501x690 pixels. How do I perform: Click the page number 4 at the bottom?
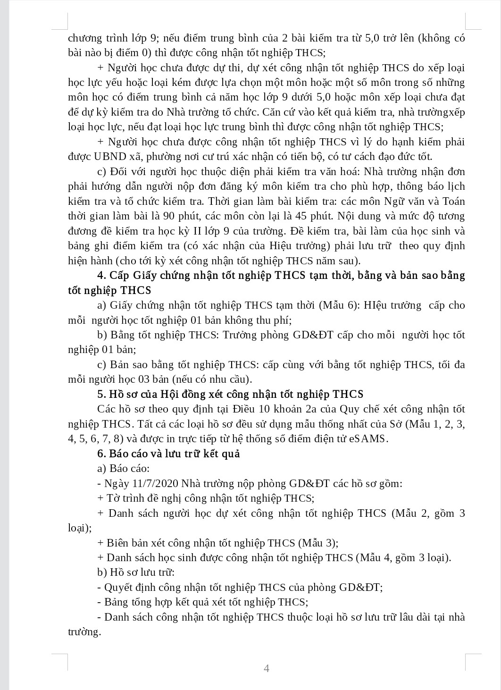pyautogui.click(x=267, y=668)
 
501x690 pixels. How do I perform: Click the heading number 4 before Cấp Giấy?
pyautogui.click(x=101, y=275)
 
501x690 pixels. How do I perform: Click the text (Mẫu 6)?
pyautogui.click(x=339, y=305)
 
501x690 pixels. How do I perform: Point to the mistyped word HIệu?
pyautogui.click(x=379, y=305)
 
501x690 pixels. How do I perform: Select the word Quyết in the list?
pyautogui.click(x=118, y=588)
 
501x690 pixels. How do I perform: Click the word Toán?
pyautogui.click(x=453, y=202)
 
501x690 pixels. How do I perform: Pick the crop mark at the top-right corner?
pyautogui.click(x=473, y=22)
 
